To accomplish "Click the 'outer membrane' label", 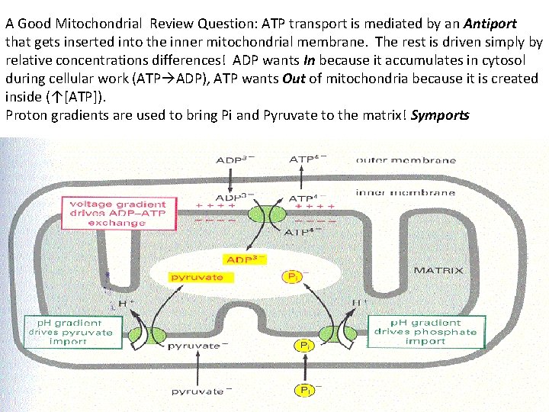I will point(406,160).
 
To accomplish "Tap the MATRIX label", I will point(435,270).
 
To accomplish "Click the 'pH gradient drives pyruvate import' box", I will point(70,332).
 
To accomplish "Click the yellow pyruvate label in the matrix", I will point(196,276).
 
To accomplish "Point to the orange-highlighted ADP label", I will point(243,259).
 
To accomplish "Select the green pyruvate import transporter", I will point(148,334).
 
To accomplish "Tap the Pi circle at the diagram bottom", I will point(304,391).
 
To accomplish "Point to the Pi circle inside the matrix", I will point(292,276).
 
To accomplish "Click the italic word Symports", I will point(440,115).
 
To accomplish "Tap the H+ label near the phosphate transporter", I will point(358,303).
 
